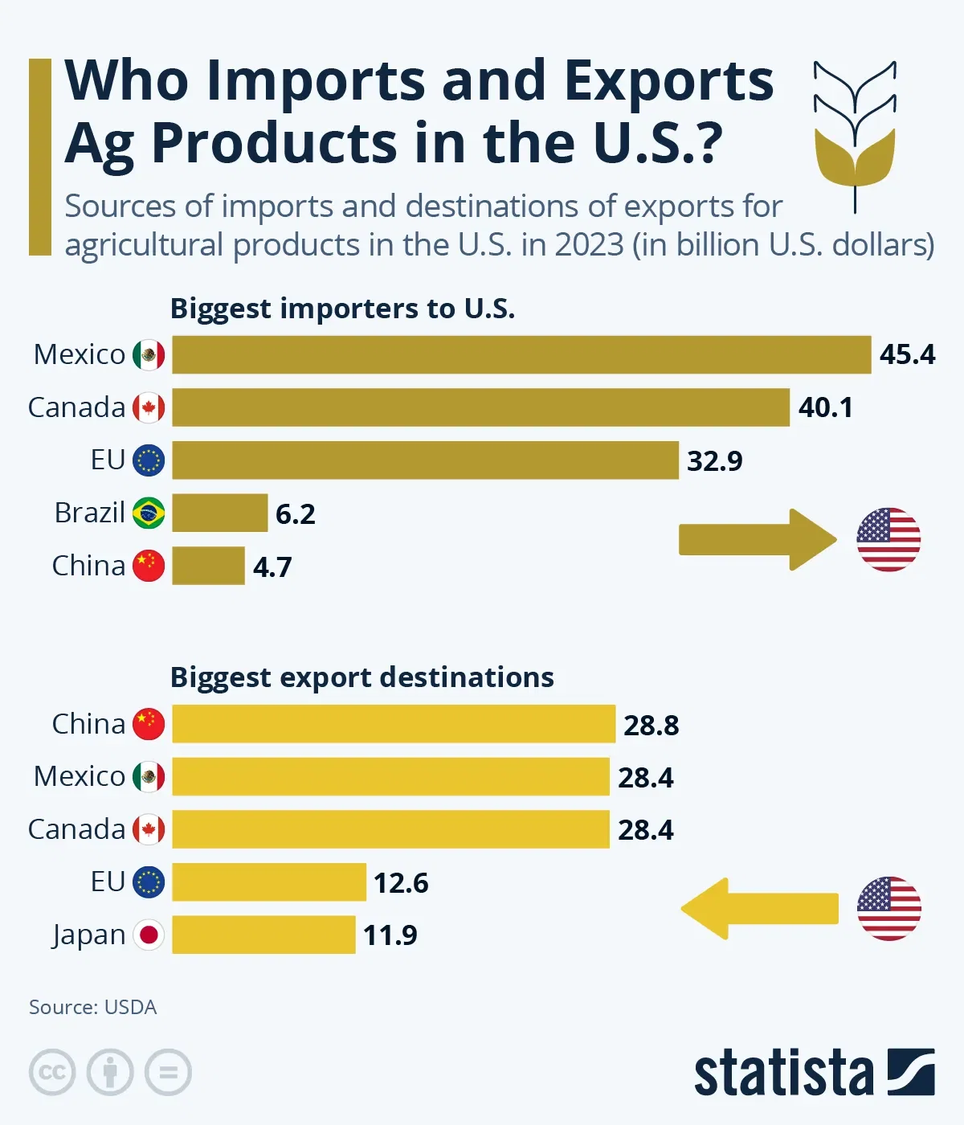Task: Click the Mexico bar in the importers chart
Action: pyautogui.click(x=521, y=354)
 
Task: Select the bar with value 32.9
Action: pyautogui.click(x=425, y=460)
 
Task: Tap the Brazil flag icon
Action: pyautogui.click(x=149, y=513)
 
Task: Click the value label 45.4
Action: pyautogui.click(x=907, y=354)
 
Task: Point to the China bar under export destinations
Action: pyautogui.click(x=394, y=724)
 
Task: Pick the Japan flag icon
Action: pyautogui.click(x=149, y=935)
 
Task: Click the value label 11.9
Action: pyautogui.click(x=390, y=935)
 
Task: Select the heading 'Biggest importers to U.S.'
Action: pyautogui.click(x=342, y=309)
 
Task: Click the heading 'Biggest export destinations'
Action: pyautogui.click(x=361, y=677)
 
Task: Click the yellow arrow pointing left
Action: pyautogui.click(x=759, y=909)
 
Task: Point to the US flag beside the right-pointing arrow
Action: pyautogui.click(x=888, y=539)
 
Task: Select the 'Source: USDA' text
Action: pyautogui.click(x=92, y=1007)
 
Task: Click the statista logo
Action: pyautogui.click(x=814, y=1072)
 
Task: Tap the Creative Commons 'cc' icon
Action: pyautogui.click(x=52, y=1072)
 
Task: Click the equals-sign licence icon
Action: pyautogui.click(x=168, y=1072)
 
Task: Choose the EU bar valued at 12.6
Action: pyautogui.click(x=269, y=882)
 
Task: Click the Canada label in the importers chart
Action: pyautogui.click(x=76, y=407)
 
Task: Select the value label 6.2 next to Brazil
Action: pyautogui.click(x=295, y=513)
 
